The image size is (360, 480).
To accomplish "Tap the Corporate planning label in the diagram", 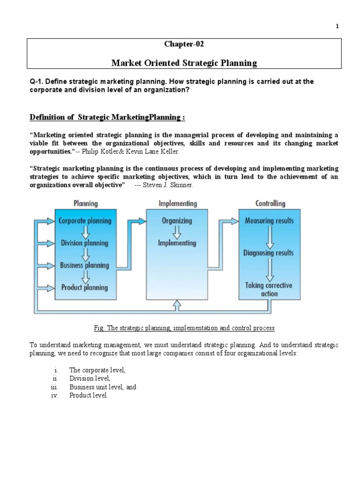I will point(85,220).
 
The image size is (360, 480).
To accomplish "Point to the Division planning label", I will point(84,243).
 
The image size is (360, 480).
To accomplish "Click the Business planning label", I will point(84,265).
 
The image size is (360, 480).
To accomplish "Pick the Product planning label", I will point(84,287).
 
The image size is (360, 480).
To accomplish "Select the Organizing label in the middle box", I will point(177,220).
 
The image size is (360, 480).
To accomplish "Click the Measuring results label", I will point(270,220).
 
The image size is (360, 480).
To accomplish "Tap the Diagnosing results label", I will point(269,253).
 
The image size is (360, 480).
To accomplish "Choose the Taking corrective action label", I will point(269,289).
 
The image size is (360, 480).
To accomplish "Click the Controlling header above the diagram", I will point(270,203).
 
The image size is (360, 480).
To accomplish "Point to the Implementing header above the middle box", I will point(178,203).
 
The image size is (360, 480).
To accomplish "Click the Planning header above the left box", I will point(85,203).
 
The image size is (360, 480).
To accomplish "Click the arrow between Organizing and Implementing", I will point(177,232).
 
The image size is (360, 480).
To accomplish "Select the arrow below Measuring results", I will point(269,237).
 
